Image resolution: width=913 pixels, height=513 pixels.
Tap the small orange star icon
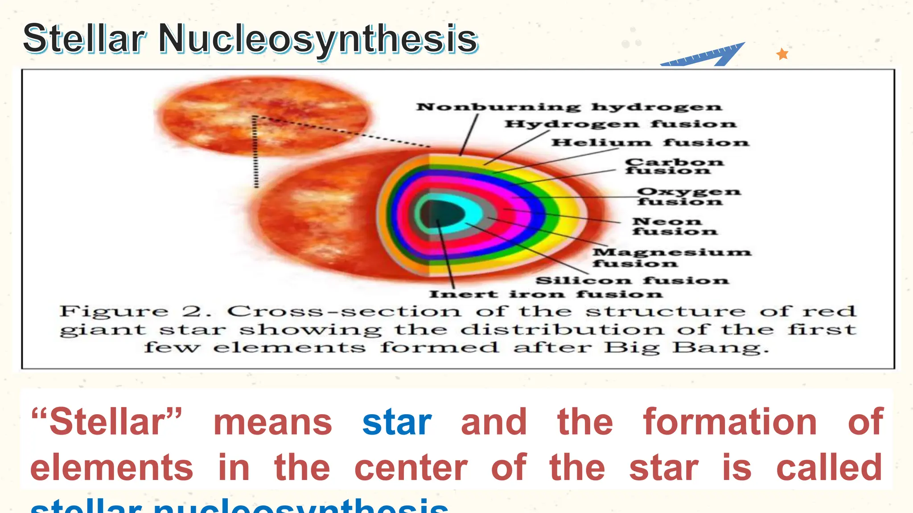pos(782,54)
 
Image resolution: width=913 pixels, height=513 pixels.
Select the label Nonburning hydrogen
pos(568,107)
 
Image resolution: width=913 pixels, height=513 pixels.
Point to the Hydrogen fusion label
pos(620,124)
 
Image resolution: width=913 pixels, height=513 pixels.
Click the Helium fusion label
pos(650,142)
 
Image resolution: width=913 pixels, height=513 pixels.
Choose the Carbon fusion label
pos(674,166)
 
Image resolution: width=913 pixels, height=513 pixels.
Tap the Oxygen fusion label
pos(688,196)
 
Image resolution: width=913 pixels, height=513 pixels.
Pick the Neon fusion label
pos(674,226)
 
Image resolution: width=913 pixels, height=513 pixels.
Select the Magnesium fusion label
pos(671,257)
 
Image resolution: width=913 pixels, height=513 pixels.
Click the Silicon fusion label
pos(632,281)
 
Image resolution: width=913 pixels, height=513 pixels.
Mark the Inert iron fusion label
pos(545,294)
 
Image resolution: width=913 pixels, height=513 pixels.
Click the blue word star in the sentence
pos(397,422)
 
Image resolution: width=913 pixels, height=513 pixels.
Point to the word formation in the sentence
pos(730,422)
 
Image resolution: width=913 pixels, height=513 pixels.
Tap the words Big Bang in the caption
pos(687,347)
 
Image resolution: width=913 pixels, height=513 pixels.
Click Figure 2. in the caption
pos(136,311)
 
